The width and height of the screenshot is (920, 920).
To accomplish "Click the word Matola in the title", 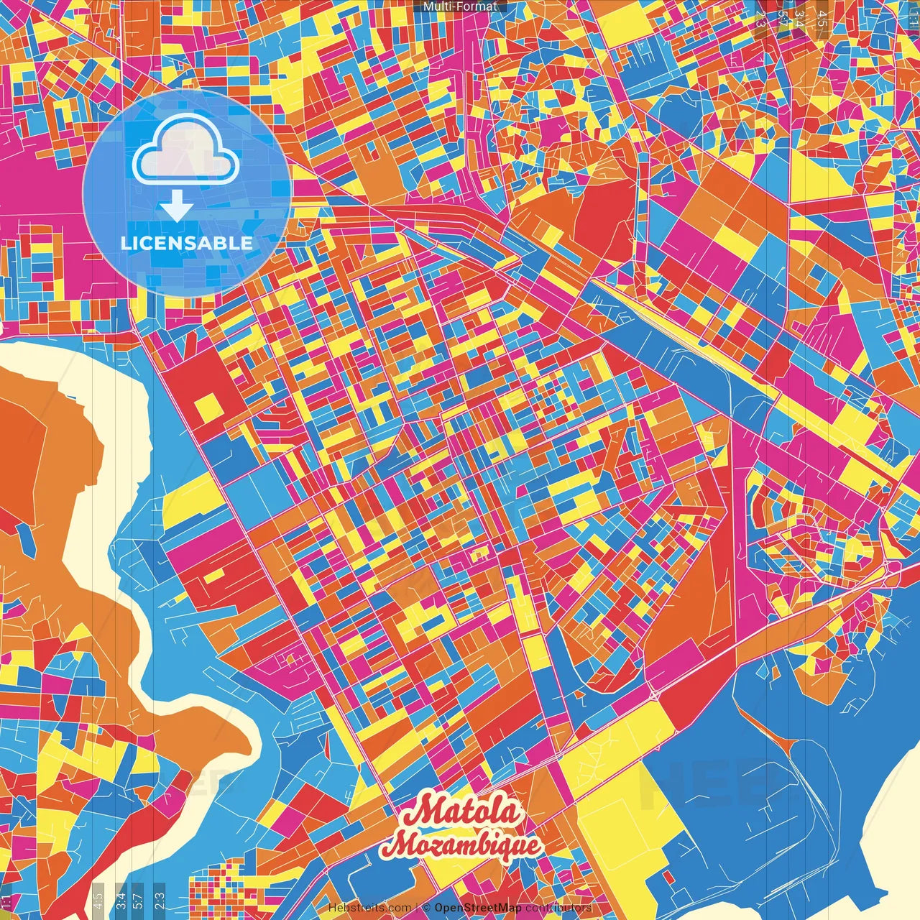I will [x=460, y=811].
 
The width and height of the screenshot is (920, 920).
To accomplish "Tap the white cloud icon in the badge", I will [x=185, y=152].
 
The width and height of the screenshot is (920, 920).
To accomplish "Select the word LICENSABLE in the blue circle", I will [x=187, y=243].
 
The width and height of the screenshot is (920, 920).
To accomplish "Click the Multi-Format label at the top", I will [x=460, y=6].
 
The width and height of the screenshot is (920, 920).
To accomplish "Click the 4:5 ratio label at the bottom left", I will [x=98, y=899].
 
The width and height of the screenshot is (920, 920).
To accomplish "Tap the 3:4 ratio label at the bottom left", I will [x=121, y=899].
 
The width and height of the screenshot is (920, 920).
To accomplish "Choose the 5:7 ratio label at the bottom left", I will [x=137, y=899].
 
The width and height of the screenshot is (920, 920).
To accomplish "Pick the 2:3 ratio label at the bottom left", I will [x=160, y=899].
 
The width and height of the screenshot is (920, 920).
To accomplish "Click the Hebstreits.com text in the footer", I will [x=369, y=908].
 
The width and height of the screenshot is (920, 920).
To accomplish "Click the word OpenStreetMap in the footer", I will [x=477, y=908].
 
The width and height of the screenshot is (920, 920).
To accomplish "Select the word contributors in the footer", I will [x=558, y=908].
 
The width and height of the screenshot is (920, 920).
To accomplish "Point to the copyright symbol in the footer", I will [x=425, y=908].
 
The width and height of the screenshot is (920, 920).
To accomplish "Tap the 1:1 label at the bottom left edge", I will [x=4, y=901].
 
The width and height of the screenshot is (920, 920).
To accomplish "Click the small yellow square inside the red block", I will [x=208, y=407].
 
